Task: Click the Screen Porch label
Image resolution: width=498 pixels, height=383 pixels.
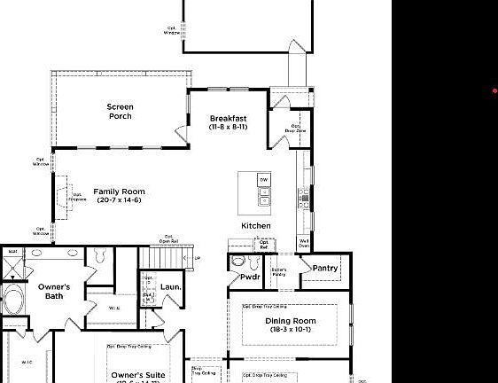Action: pos(121,112)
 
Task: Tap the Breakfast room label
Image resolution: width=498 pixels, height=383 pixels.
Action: pos(228,122)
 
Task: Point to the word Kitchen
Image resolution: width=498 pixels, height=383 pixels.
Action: pos(256,226)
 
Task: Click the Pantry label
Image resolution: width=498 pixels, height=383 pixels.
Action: pos(325,269)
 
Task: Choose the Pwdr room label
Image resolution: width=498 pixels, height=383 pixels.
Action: pos(250,277)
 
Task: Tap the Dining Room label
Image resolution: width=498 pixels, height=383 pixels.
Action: pos(290,324)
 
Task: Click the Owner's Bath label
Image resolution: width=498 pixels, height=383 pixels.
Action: pos(54,291)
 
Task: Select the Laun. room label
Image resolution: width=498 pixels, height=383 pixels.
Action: pos(170,287)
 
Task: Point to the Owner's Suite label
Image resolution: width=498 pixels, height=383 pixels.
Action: pos(137,376)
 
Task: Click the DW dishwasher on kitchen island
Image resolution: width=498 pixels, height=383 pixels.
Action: pos(264,180)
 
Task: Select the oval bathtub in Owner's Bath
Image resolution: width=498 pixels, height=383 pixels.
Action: pos(13,299)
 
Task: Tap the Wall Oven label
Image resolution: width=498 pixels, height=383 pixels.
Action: pos(304,243)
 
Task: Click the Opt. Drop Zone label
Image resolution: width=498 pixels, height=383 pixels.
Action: pos(295,128)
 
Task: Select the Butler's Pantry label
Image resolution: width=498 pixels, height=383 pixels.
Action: pos(278,272)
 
